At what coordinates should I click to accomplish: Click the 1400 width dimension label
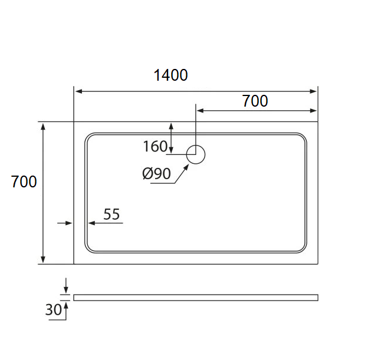pos(170,75)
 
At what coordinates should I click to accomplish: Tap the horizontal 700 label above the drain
pos(255,101)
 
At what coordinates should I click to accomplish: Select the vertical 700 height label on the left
pos(24,181)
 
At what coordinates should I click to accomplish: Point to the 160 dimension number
pos(155,146)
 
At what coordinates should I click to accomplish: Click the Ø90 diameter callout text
pos(156,174)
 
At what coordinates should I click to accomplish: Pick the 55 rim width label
pos(111,214)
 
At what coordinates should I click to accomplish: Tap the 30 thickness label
pos(53,309)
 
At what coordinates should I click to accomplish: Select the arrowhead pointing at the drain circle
pos(186,167)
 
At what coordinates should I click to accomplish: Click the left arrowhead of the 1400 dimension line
pos(79,91)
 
